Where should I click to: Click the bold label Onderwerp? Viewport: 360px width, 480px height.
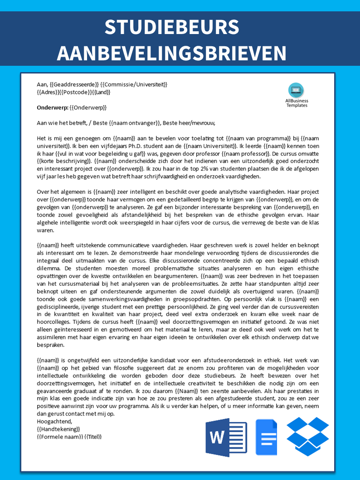point(52,108)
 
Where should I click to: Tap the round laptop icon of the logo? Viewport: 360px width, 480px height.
point(297,90)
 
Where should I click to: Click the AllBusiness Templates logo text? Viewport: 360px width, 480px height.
point(297,103)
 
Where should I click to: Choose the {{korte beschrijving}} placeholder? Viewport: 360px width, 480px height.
point(64,162)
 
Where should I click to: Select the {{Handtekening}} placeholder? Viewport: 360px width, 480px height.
point(58,429)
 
